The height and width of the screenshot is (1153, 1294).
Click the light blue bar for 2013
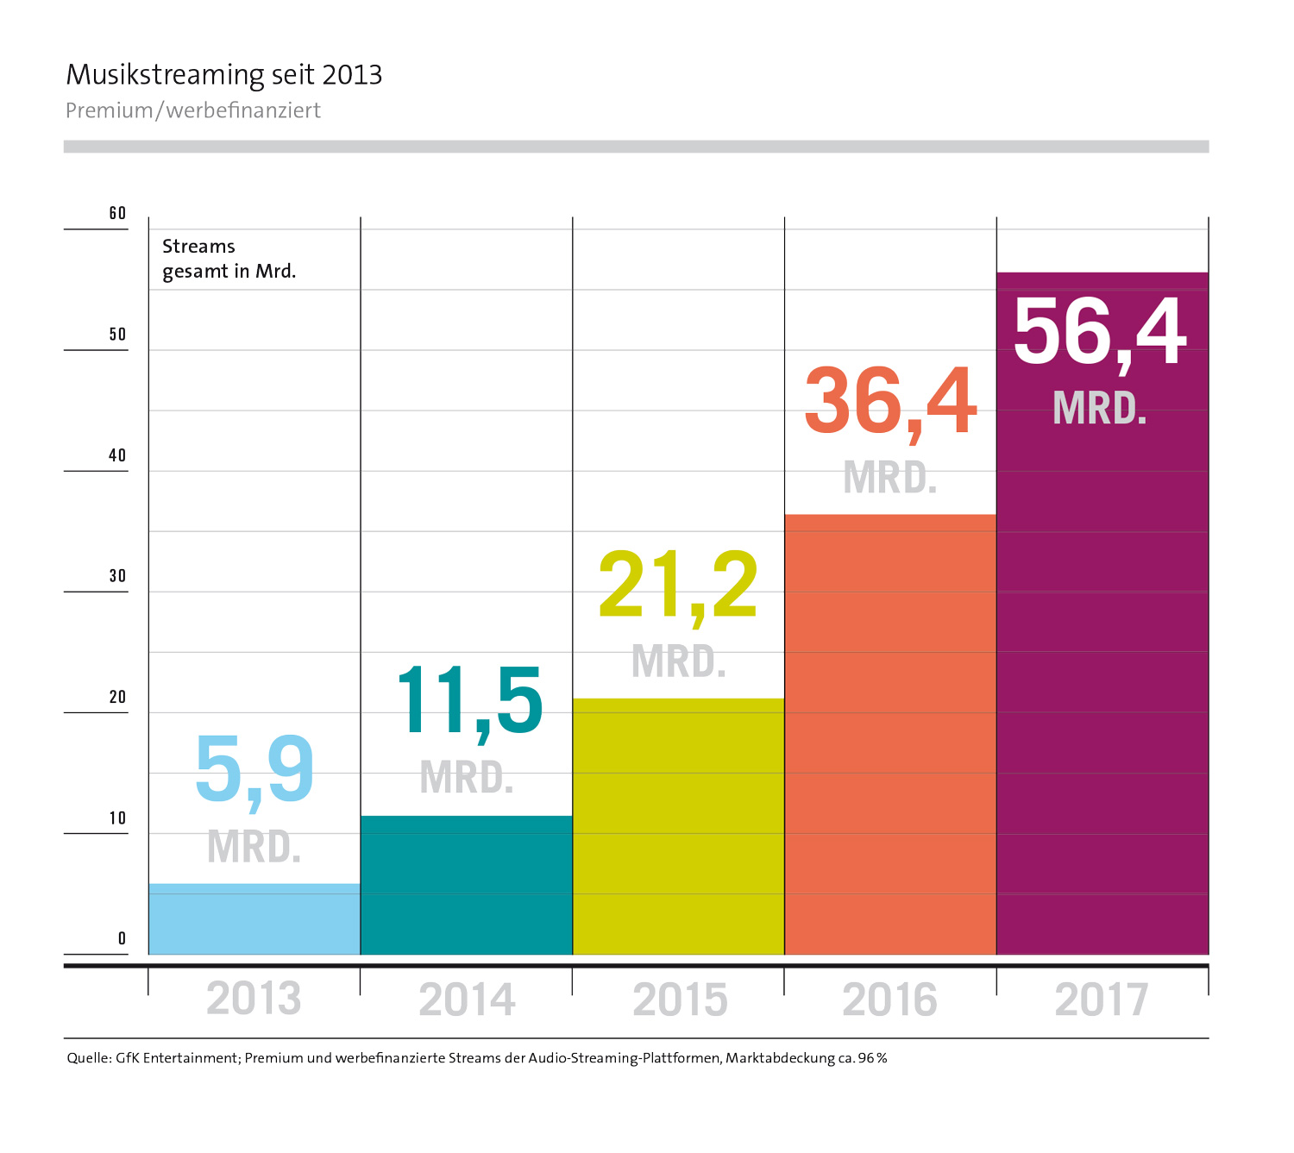(x=254, y=919)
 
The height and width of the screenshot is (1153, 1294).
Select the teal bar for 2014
(x=467, y=885)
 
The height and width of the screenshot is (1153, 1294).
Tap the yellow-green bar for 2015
(x=679, y=826)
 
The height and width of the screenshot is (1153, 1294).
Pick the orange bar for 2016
(x=890, y=735)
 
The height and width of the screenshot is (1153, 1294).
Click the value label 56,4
(x=1101, y=332)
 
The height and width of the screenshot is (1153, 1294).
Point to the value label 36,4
(x=890, y=402)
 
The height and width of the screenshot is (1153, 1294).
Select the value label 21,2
(x=679, y=586)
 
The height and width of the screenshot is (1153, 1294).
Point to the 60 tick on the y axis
(x=117, y=213)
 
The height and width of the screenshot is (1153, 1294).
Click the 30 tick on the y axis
(x=117, y=576)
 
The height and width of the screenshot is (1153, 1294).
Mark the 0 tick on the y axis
(x=122, y=938)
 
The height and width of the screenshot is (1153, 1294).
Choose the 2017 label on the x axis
(x=1102, y=1000)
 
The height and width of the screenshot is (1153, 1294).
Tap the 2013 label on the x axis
(x=254, y=999)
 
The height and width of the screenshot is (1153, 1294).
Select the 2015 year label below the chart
(x=680, y=1000)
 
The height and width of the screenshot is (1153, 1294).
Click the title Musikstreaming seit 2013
(x=224, y=75)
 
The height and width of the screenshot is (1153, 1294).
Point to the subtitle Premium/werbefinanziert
(x=193, y=110)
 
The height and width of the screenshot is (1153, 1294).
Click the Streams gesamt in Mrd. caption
(x=229, y=259)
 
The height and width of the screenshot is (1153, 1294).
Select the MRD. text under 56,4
(x=1100, y=409)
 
